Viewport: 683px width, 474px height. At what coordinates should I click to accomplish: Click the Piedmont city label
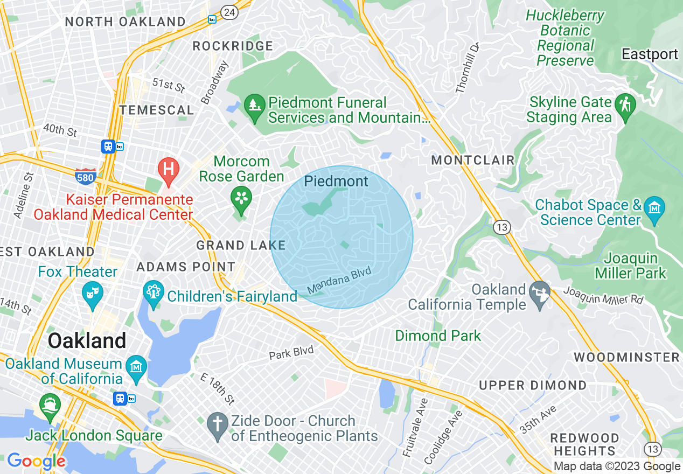click(x=336, y=182)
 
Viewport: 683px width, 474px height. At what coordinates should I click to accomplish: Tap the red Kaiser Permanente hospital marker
click(x=168, y=169)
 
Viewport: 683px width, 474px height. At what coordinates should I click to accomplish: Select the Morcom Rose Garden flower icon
click(x=241, y=199)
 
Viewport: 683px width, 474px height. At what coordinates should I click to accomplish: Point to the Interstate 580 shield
click(x=86, y=176)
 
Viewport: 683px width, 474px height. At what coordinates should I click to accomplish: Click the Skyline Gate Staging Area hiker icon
click(x=626, y=105)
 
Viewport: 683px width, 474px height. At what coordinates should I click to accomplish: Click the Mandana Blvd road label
click(x=339, y=281)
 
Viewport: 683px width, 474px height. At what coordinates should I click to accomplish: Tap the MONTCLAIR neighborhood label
click(x=473, y=161)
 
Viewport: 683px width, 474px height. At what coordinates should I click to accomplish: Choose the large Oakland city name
click(x=87, y=341)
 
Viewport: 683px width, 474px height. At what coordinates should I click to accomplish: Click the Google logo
click(x=36, y=461)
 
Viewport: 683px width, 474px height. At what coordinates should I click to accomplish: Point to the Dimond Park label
click(x=438, y=336)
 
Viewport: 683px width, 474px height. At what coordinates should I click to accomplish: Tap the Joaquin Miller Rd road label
click(x=603, y=295)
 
